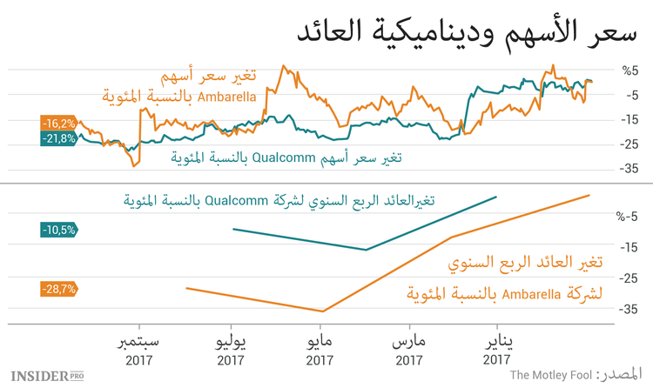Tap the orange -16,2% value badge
point(57,123)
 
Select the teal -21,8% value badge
point(57,139)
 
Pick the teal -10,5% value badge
point(57,230)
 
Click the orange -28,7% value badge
point(57,287)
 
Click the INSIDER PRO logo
point(46,375)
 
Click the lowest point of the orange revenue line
point(322,311)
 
